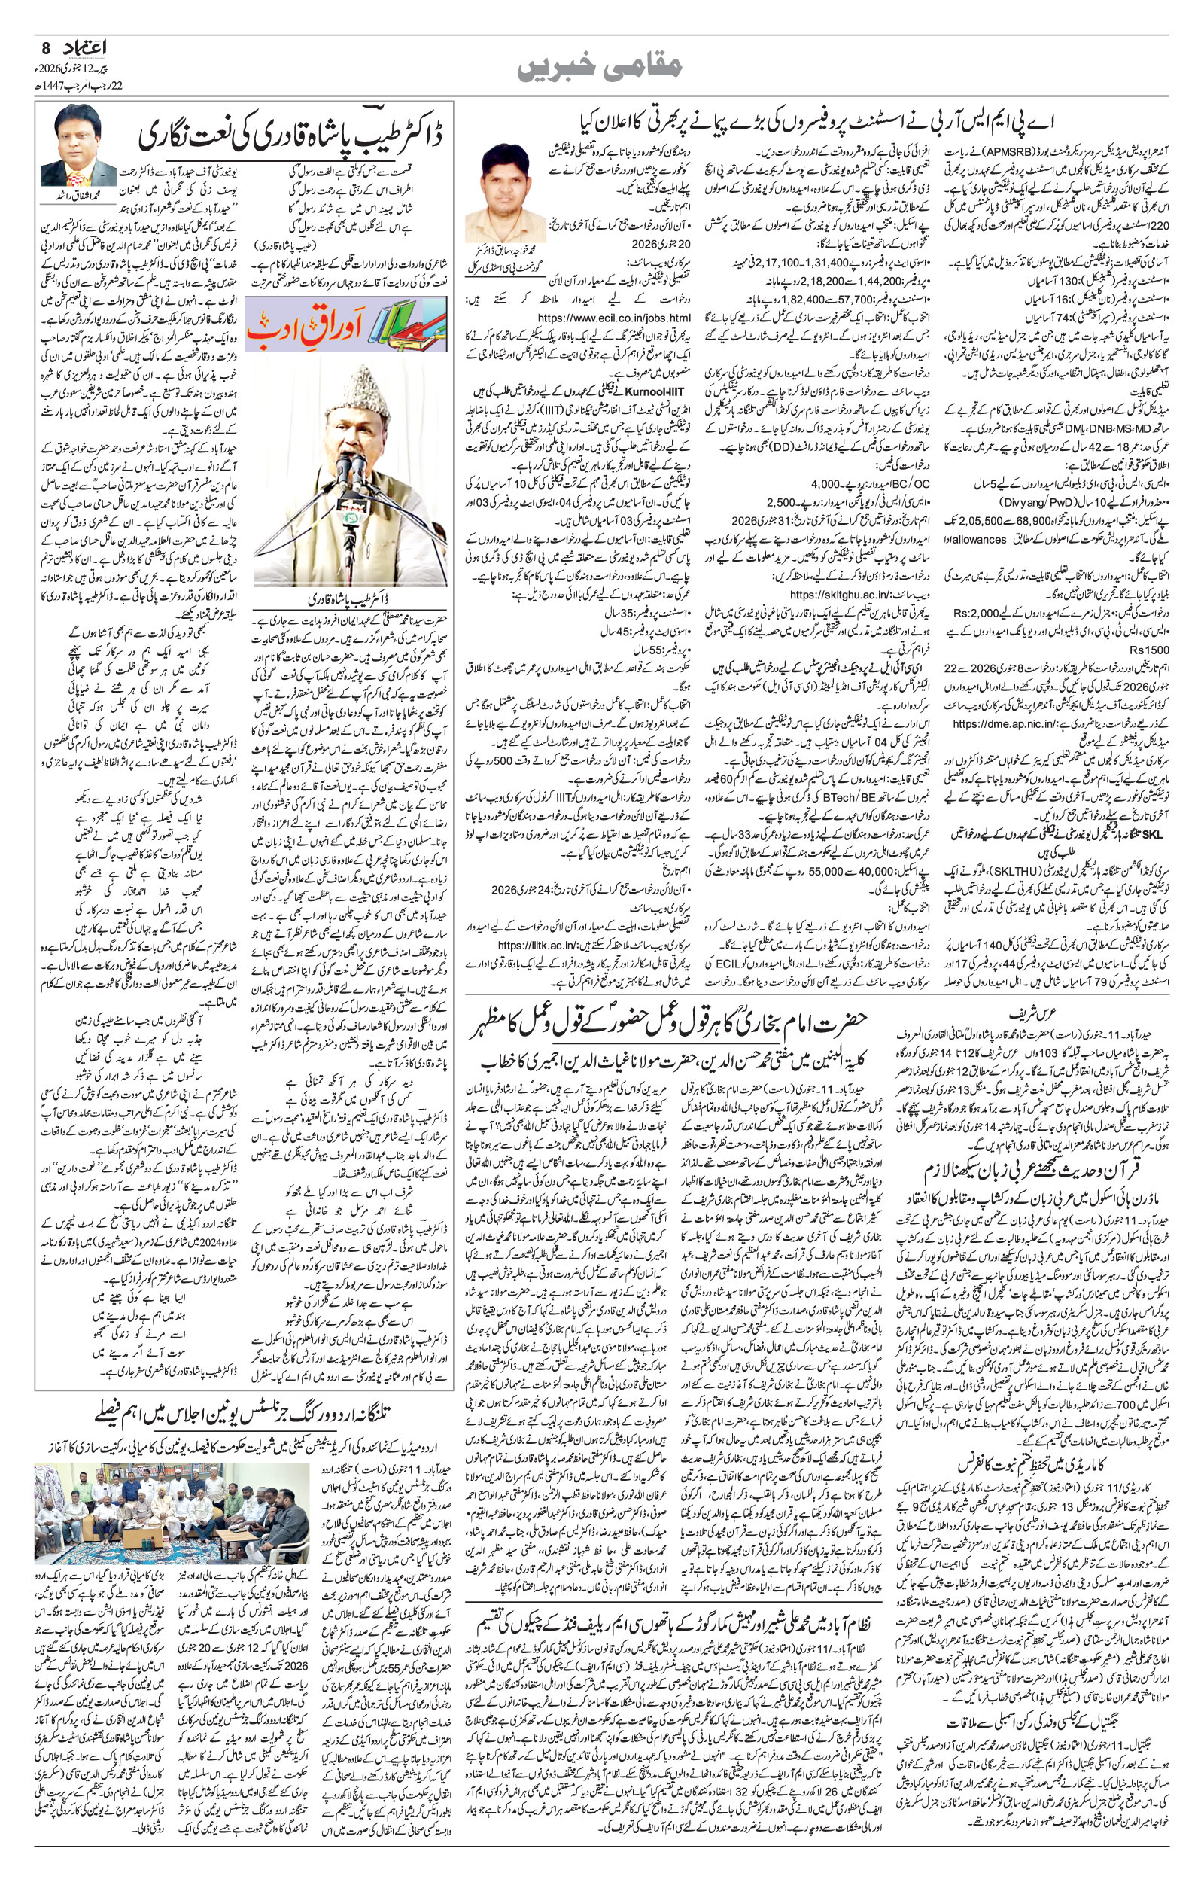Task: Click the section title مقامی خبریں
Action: point(600,68)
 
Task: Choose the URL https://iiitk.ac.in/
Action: point(531,945)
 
